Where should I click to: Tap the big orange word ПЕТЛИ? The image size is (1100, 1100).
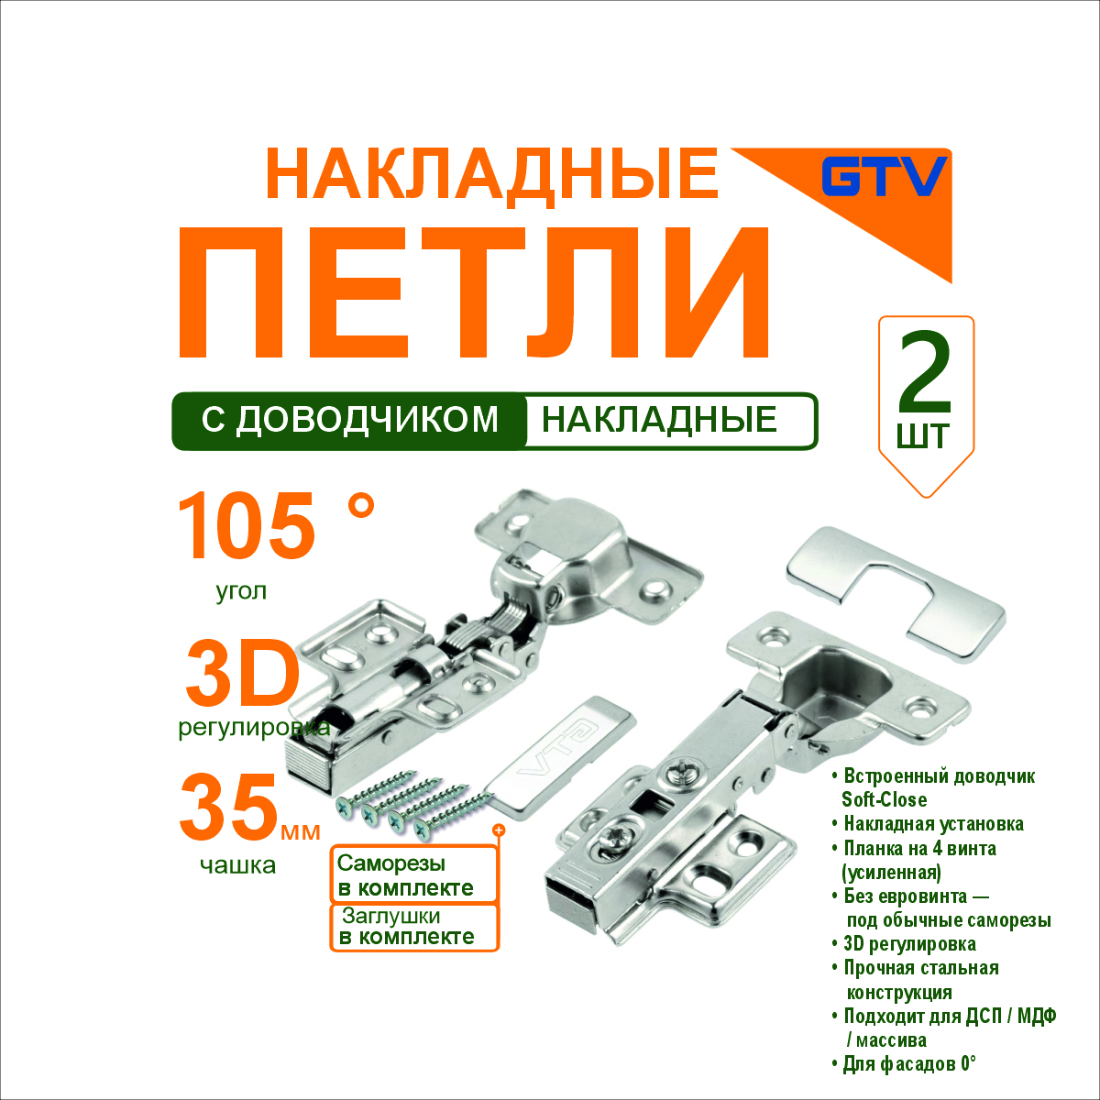click(475, 292)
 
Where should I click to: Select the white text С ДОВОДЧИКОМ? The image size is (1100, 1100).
click(350, 420)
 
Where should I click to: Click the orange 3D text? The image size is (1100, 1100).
click(243, 675)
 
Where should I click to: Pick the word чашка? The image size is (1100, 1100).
click(238, 866)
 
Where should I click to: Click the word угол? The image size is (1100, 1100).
click(241, 592)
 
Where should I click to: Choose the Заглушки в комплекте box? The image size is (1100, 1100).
click(413, 927)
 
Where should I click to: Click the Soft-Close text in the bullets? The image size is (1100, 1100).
click(885, 799)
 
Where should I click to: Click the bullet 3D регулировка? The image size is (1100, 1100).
click(904, 943)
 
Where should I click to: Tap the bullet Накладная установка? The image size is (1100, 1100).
click(928, 824)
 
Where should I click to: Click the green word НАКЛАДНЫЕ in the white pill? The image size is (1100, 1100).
click(659, 420)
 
